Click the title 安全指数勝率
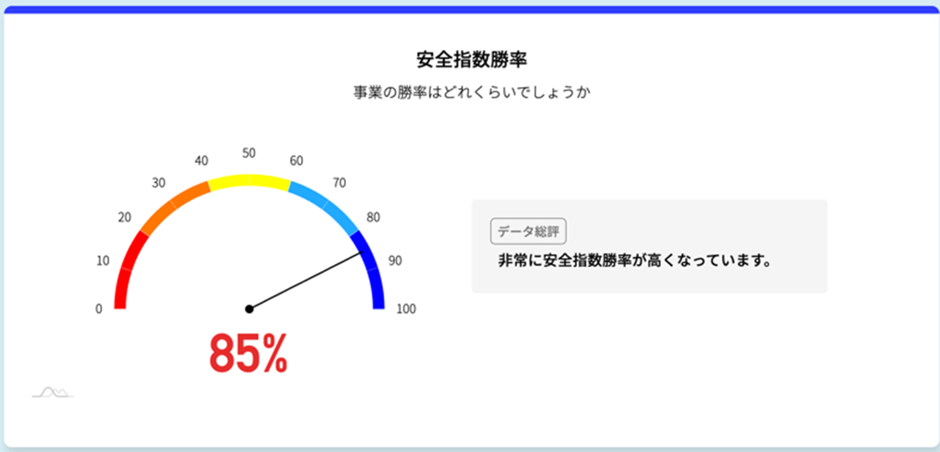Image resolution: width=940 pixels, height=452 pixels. pyautogui.click(x=471, y=60)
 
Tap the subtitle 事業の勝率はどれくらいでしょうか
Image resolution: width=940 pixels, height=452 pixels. pyautogui.click(x=471, y=93)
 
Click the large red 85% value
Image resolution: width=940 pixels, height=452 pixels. pyautogui.click(x=248, y=354)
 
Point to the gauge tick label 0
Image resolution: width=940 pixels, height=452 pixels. pyautogui.click(x=99, y=309)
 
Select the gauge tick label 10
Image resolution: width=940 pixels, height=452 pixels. pyautogui.click(x=103, y=261)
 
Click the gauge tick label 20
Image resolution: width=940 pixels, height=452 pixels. pyautogui.click(x=124, y=218)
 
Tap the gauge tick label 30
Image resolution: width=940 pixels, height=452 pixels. pyautogui.click(x=159, y=184)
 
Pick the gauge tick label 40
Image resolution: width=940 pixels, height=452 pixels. pyautogui.click(x=202, y=160)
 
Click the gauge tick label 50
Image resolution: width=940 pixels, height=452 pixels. pyautogui.click(x=248, y=153)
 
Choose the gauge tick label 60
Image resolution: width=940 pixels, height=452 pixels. pyautogui.click(x=296, y=160)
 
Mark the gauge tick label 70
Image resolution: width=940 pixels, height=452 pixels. pyautogui.click(x=339, y=184)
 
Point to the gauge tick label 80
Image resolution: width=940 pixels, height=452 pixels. pyautogui.click(x=373, y=218)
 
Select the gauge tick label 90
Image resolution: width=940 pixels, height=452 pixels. pyautogui.click(x=395, y=261)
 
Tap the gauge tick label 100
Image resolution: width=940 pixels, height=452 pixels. pyautogui.click(x=406, y=309)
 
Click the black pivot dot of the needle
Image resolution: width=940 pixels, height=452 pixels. pyautogui.click(x=249, y=309)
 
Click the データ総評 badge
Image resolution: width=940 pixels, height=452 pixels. pyautogui.click(x=528, y=231)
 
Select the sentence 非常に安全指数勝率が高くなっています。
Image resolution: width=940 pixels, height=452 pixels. pyautogui.click(x=634, y=261)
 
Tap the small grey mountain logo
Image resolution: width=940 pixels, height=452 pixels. pyautogui.click(x=53, y=392)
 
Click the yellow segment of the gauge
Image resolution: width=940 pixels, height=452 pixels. pyautogui.click(x=248, y=179)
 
